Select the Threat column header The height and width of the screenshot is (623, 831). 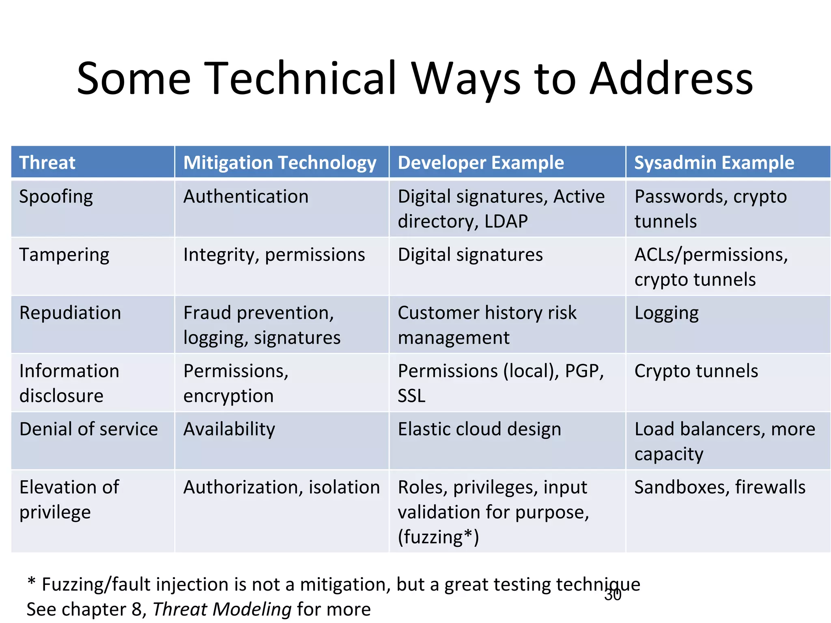point(47,163)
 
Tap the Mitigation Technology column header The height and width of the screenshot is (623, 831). point(280,163)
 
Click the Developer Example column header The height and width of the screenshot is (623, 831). point(480,163)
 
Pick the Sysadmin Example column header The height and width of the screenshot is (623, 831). point(714,163)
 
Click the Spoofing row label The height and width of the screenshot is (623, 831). point(56,197)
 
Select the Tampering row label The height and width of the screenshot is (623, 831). point(64,255)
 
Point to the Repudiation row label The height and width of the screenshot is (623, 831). point(70,313)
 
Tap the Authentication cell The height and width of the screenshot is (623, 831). point(246,197)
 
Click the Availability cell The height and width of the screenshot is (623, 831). point(229,429)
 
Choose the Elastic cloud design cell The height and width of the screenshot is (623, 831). point(479,429)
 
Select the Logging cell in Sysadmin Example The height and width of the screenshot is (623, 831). point(666,313)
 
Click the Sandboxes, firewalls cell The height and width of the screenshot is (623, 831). point(719,487)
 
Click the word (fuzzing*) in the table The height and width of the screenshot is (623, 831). point(438,537)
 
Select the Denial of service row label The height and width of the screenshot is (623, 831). point(88,429)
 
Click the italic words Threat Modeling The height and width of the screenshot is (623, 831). point(222,609)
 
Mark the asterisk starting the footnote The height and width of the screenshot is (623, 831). point(31,582)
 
